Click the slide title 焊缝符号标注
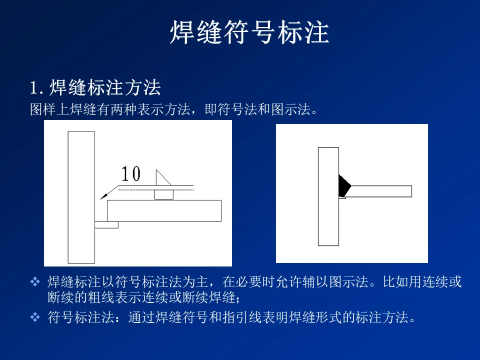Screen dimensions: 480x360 (249, 32)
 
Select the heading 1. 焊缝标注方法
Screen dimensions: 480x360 (95, 87)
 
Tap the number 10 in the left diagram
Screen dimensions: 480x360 (131, 173)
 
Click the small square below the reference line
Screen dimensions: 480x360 (164, 194)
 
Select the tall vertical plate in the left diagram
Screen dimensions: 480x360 (81, 197)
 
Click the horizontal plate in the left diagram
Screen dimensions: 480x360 (164, 211)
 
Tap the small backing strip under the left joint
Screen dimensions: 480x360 (106, 225)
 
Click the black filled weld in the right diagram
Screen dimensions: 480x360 (343, 186)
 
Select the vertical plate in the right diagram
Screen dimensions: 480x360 (328, 196)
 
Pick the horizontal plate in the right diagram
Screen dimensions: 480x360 (379, 191)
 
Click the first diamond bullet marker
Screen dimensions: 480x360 (35, 281)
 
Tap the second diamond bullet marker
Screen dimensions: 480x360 (35, 317)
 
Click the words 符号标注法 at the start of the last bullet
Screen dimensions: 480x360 (81, 317)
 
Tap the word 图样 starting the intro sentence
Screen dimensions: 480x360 (43, 109)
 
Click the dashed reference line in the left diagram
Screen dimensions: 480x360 (156, 190)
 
